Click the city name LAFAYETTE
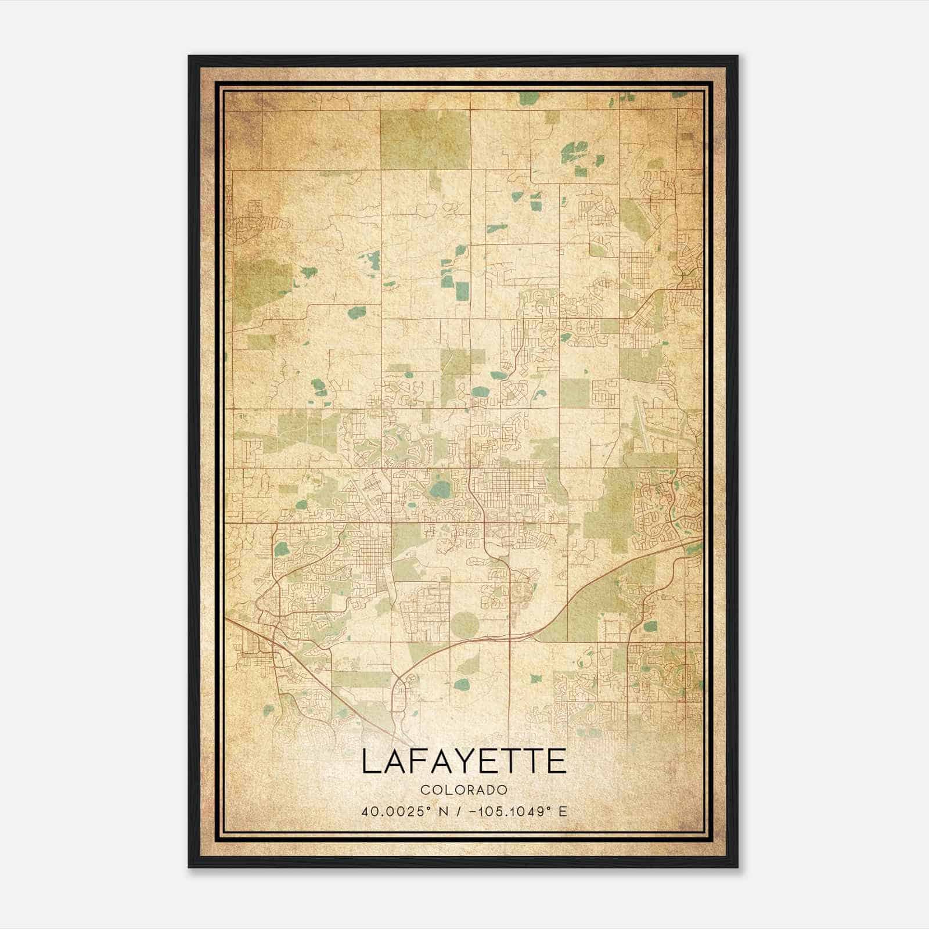[x=464, y=761]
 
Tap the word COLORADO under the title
[x=464, y=790]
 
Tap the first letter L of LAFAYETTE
[x=372, y=761]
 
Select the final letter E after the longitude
[x=562, y=811]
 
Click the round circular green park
[x=464, y=624]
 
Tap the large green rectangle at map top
[x=425, y=139]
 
